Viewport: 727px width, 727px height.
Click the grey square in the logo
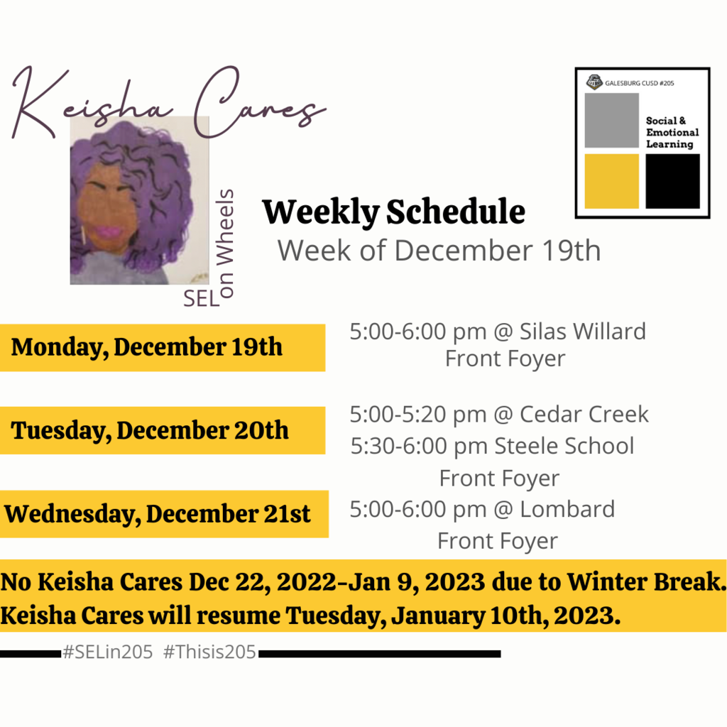point(611,120)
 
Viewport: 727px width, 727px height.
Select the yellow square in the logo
point(611,181)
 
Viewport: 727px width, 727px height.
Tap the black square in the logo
point(672,181)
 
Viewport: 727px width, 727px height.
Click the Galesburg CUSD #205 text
point(640,83)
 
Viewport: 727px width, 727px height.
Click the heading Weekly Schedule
point(393,212)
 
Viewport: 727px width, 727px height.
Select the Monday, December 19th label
point(146,347)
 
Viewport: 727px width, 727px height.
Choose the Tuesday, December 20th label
point(150,430)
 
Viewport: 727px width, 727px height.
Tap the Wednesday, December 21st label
point(158,514)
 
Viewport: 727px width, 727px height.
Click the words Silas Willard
point(582,332)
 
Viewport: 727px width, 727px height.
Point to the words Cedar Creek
point(584,414)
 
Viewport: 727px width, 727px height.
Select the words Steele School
point(564,446)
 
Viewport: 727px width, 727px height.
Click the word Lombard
point(567,509)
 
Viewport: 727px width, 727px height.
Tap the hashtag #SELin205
point(108,652)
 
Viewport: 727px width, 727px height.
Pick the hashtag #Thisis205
point(209,652)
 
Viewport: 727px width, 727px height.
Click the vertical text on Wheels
point(225,243)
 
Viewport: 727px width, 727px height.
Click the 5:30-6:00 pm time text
point(419,446)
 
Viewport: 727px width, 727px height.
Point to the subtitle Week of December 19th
point(439,251)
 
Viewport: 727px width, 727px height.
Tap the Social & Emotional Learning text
point(672,133)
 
